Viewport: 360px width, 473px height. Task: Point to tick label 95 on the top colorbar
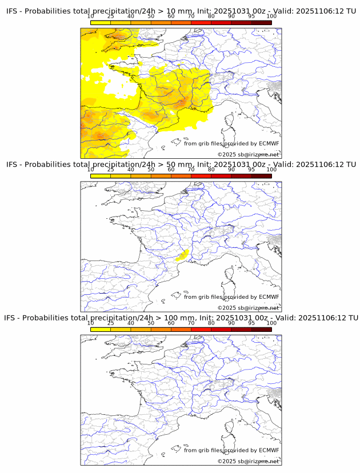pyautogui.click(x=251, y=16)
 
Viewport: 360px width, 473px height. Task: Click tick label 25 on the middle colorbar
pyautogui.click(x=111, y=169)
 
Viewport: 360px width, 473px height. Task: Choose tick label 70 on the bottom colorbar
pyautogui.click(x=191, y=323)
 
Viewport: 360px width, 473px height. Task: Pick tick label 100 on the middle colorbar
pyautogui.click(x=271, y=169)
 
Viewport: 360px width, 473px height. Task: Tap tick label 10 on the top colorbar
pyautogui.click(x=91, y=16)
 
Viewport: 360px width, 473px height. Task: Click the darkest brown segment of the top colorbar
pyautogui.click(x=261, y=22)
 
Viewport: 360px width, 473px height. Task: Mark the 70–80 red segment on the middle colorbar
pyautogui.click(x=201, y=176)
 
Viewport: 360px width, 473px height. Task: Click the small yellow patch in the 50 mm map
pyautogui.click(x=183, y=255)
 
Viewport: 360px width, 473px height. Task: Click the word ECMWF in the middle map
pyautogui.click(x=269, y=297)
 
